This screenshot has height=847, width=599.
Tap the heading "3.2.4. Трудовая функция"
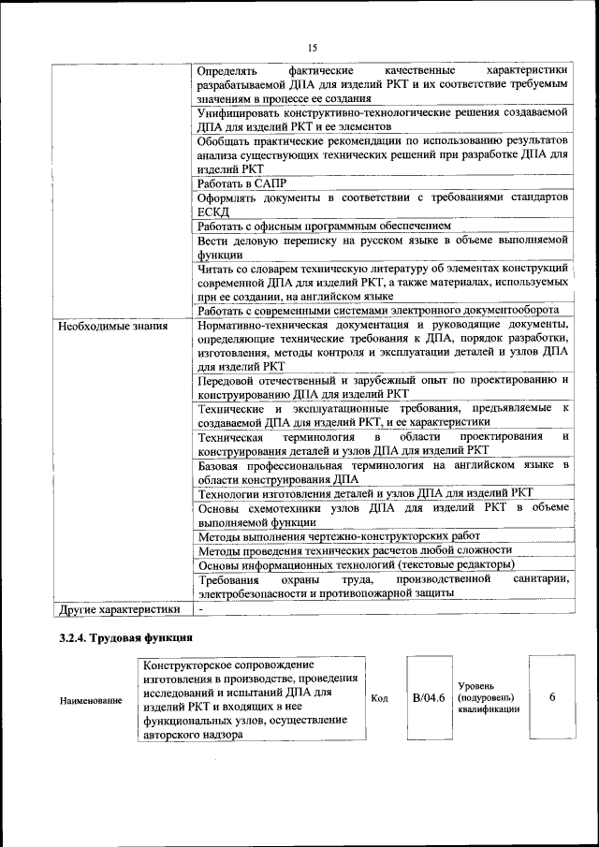click(125, 638)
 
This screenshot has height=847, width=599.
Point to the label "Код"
click(380, 698)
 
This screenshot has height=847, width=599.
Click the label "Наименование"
click(91, 700)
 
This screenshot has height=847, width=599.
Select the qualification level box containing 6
click(552, 697)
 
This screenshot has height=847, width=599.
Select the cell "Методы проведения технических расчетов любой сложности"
click(355, 550)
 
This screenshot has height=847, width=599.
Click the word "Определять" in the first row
click(229, 70)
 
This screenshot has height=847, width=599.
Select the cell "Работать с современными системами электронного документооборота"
click(378, 311)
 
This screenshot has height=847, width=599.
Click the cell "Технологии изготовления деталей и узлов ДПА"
click(365, 493)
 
